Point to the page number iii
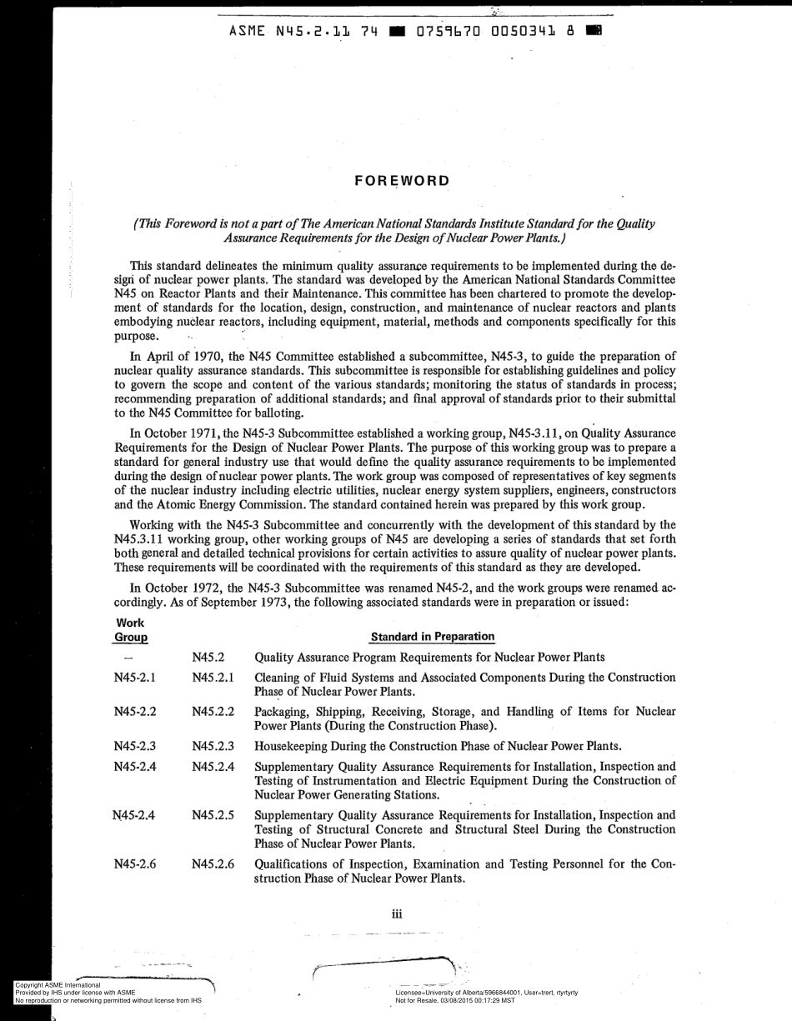(x=397, y=914)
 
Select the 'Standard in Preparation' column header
(x=432, y=637)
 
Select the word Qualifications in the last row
(x=293, y=863)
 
